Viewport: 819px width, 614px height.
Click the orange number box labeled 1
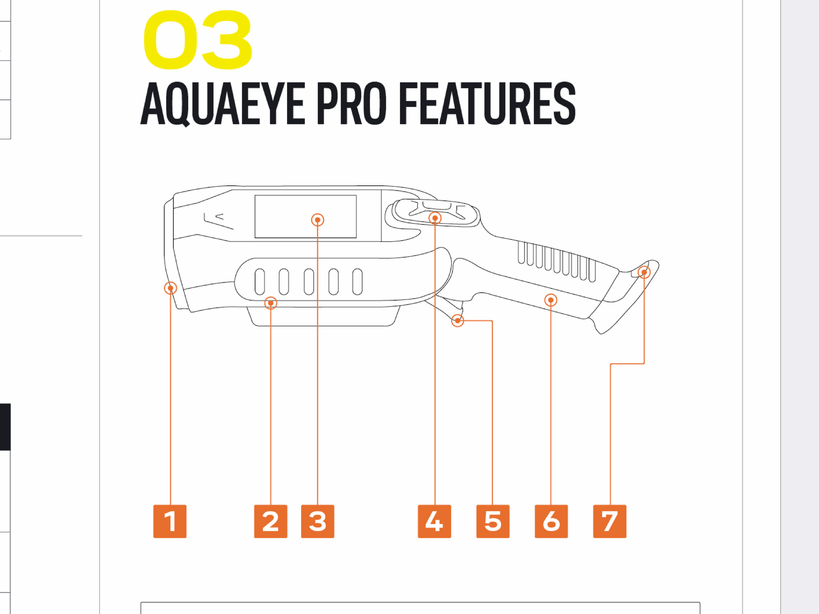(170, 521)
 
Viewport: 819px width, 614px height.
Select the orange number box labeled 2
(271, 521)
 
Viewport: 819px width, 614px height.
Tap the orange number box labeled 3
(318, 521)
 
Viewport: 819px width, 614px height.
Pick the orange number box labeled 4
(434, 521)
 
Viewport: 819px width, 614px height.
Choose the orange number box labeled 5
(493, 521)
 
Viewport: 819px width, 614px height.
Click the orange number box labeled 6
(551, 521)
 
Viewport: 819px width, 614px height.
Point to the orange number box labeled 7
(610, 521)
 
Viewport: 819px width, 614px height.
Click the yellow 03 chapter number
(198, 40)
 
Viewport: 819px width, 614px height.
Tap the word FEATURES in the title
(488, 103)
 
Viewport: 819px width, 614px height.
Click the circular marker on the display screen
(318, 220)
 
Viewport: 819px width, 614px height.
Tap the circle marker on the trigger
(457, 320)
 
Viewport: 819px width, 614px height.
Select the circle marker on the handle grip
(551, 300)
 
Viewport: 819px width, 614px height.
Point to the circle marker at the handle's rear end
(644, 272)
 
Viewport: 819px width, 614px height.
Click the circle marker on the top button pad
(435, 218)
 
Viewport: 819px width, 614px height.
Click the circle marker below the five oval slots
(271, 303)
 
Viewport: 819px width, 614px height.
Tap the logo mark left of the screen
(219, 221)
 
